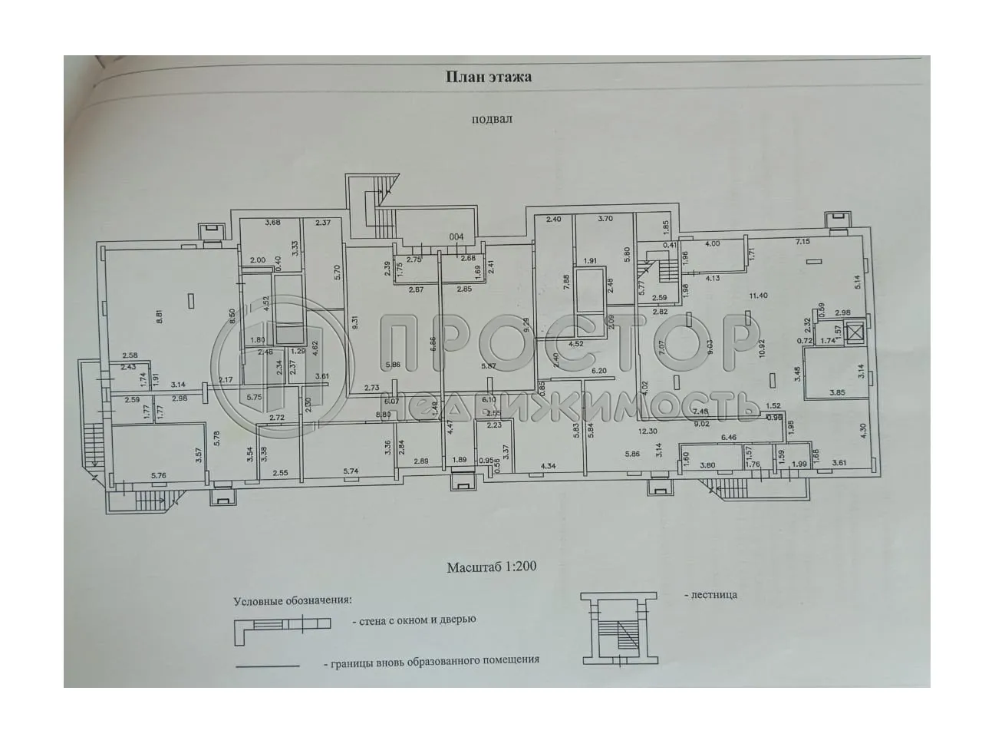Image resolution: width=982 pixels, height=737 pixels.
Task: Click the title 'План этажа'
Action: pos(489,77)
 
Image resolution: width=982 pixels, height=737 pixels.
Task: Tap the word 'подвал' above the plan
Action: pos(492,119)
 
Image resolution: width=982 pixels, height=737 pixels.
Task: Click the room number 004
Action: pos(456,236)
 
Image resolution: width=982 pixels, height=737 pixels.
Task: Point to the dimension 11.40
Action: pos(759,295)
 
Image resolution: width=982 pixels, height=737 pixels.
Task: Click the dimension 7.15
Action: pos(802,243)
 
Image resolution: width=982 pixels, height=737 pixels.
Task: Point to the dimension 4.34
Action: pos(548,465)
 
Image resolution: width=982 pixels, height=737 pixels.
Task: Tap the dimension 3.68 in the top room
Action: pos(272,223)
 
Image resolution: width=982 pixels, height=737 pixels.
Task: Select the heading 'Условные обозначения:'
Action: pos(293,600)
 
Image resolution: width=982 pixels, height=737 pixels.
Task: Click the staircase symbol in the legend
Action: pos(618,628)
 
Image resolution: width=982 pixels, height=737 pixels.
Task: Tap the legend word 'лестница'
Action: pos(713,594)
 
